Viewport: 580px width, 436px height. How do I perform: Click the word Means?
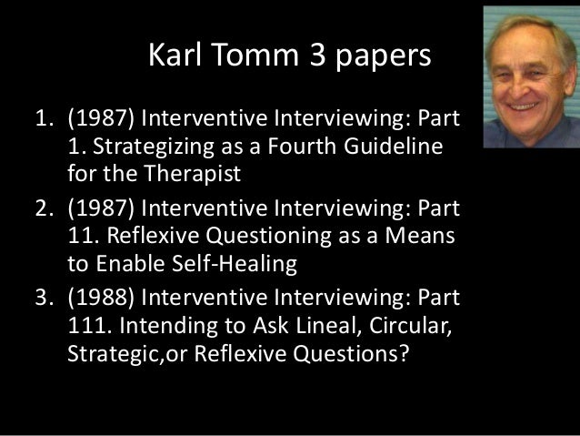[x=431, y=238]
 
